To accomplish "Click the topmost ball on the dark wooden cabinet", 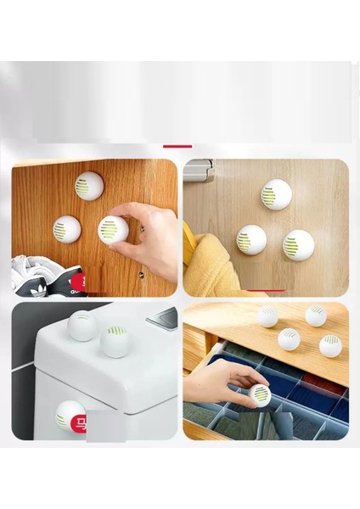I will [x=87, y=186].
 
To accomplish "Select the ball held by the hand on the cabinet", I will [x=113, y=230].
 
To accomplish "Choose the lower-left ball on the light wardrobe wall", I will [x=251, y=240].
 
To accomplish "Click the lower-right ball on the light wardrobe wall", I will [x=298, y=244].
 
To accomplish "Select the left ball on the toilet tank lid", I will [x=82, y=327].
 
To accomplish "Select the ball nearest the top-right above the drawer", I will [x=316, y=316].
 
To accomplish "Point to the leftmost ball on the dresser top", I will [x=267, y=317].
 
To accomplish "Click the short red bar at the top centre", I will [x=177, y=146].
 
